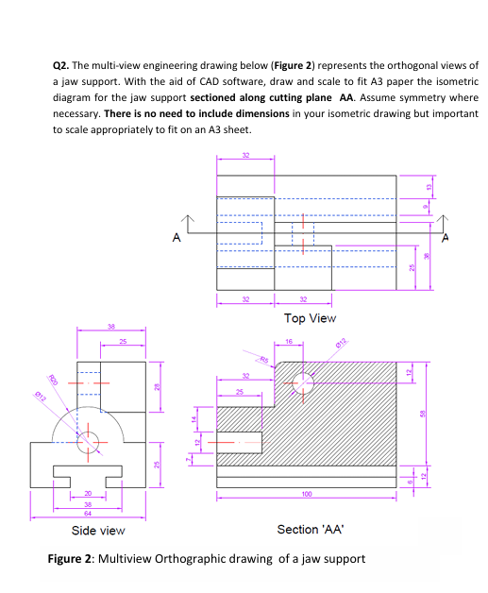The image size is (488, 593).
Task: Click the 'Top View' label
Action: [x=310, y=318]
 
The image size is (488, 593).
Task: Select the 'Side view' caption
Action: [x=99, y=531]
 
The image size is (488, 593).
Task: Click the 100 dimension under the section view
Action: [x=305, y=493]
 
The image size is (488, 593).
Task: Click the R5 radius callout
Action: [x=265, y=359]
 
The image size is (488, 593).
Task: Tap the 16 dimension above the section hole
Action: [x=289, y=342]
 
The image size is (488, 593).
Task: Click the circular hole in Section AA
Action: [x=305, y=383]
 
